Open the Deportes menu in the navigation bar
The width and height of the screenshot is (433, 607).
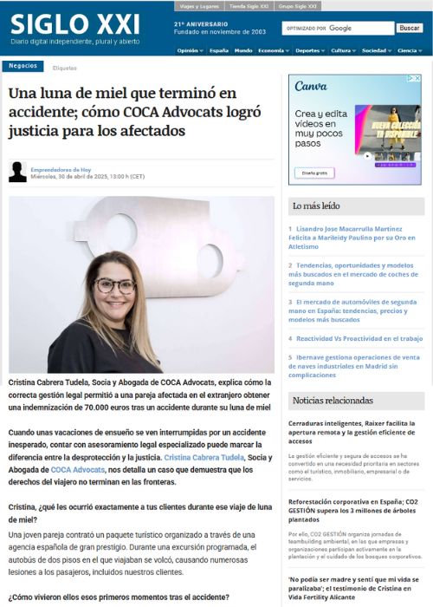(307, 50)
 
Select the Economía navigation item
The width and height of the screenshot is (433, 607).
(271, 50)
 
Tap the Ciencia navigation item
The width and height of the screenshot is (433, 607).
(407, 50)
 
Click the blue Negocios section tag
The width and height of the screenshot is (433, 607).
(23, 67)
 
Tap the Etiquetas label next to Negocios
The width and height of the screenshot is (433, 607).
(64, 68)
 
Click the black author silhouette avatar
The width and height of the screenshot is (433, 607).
(17, 172)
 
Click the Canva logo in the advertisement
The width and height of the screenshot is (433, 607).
(311, 86)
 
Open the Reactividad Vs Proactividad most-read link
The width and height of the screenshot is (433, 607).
(359, 338)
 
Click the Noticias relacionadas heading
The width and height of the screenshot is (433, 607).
(333, 401)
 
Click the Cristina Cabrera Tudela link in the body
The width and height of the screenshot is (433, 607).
(204, 457)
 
